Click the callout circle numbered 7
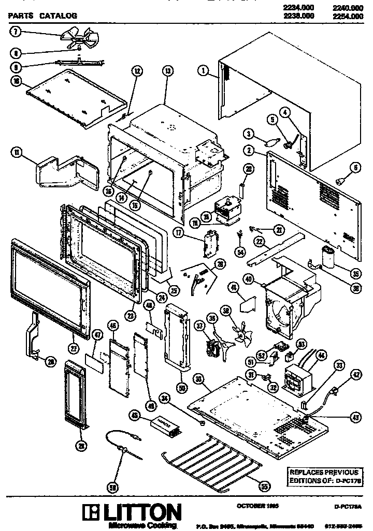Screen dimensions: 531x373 (x=16, y=32)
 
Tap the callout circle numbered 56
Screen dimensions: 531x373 (x=111, y=486)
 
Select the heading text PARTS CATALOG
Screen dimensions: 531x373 (x=43, y=16)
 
